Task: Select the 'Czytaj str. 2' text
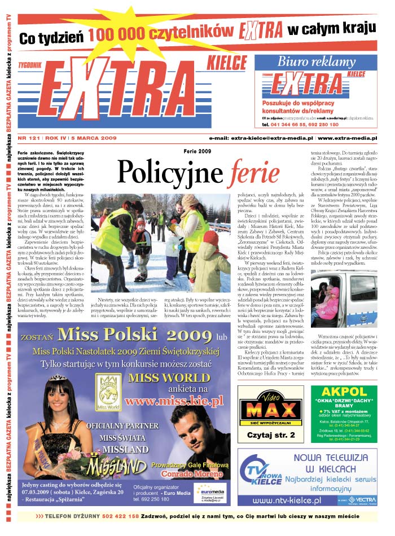coord(263,435)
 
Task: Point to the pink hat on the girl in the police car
coord(333,292)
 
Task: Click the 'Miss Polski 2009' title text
coord(133,335)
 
